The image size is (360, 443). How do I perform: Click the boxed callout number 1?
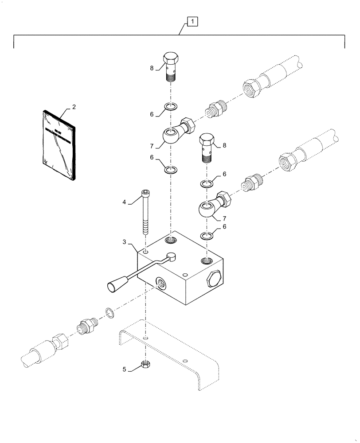pyautogui.click(x=192, y=21)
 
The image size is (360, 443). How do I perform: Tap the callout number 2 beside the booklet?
pyautogui.click(x=74, y=107)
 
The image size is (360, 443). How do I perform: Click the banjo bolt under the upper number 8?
pyautogui.click(x=171, y=66)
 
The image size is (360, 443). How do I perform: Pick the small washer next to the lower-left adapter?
pyautogui.click(x=109, y=312)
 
